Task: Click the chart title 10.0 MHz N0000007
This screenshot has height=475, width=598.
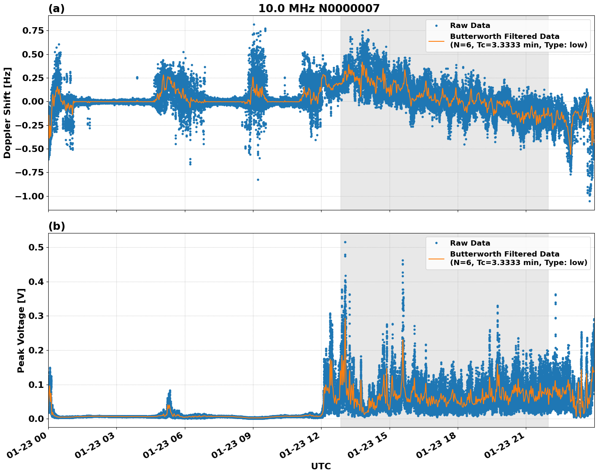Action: pos(319,9)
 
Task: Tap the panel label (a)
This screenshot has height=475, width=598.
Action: pos(56,9)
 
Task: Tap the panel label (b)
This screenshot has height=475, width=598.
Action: pos(56,226)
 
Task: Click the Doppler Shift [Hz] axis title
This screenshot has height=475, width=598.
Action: pos(7,113)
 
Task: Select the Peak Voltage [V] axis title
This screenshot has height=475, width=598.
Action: pos(21,330)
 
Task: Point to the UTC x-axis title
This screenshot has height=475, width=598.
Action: pos(321,466)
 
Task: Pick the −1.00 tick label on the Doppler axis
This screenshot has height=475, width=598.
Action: pos(29,196)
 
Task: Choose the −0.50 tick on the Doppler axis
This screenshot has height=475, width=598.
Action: pos(29,149)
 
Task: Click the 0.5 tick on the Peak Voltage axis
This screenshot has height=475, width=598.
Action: pos(36,247)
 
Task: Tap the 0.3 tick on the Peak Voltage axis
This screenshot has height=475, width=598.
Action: pos(36,316)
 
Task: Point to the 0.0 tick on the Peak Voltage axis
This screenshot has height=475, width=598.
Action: pos(36,419)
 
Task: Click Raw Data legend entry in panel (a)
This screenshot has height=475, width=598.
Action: pos(470,26)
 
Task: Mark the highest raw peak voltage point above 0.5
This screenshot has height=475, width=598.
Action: pos(345,242)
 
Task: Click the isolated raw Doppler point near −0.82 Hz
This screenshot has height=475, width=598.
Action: pos(258,180)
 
